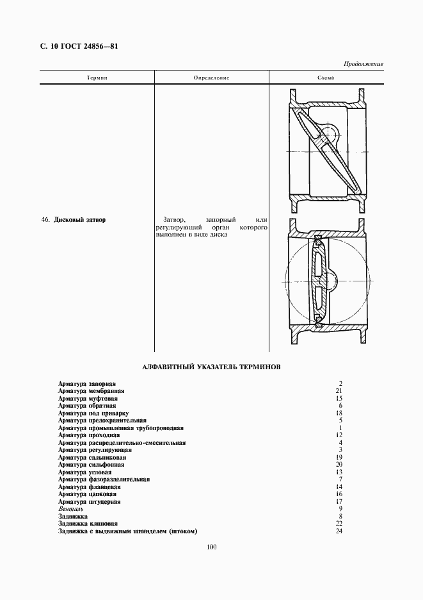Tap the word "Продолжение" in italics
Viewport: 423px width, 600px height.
[x=363, y=64]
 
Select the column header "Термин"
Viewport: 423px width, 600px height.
[x=97, y=78]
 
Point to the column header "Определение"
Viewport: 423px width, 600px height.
[x=211, y=78]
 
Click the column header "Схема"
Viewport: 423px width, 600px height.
[x=326, y=78]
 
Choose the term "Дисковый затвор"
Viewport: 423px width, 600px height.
[x=80, y=219]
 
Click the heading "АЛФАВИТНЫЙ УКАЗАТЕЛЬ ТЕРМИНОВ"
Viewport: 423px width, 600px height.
[x=211, y=367]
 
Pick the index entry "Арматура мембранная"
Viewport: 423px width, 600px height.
[x=91, y=390]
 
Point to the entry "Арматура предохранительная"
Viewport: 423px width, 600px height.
[x=102, y=421]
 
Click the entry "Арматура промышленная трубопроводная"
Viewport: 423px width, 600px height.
[x=120, y=428]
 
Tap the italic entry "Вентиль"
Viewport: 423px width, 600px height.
[x=66, y=509]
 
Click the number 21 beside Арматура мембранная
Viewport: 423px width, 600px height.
[x=340, y=390]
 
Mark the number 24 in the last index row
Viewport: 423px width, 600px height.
[x=340, y=531]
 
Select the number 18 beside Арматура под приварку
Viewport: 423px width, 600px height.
[x=340, y=413]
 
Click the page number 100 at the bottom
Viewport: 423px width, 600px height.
[x=212, y=547]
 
